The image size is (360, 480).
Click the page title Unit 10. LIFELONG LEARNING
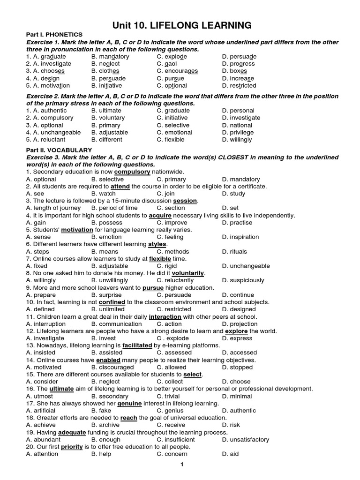point(180,25)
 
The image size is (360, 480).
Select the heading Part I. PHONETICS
point(54,35)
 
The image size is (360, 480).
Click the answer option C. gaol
point(167,64)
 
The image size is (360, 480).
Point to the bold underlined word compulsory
point(132,172)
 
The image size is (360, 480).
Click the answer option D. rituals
point(234,252)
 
